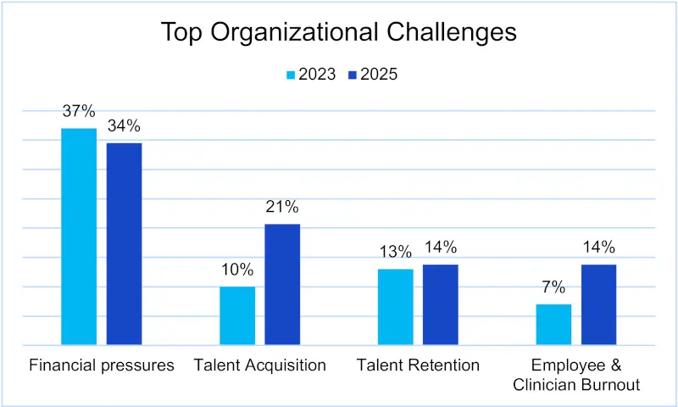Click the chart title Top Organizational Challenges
(x=338, y=32)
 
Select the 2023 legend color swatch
(x=292, y=75)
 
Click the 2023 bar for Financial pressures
(x=79, y=237)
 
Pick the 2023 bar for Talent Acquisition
(x=237, y=315)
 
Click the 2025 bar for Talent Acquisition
(x=282, y=284)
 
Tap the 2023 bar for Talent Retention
(x=395, y=307)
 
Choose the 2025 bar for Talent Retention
(x=441, y=304)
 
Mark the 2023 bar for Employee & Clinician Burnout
(x=553, y=324)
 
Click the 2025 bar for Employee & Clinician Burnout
(x=598, y=304)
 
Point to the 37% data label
(x=79, y=112)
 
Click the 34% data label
(x=124, y=126)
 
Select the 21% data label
(x=282, y=207)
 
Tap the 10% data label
(x=237, y=270)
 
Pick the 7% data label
(x=553, y=287)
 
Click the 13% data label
(x=395, y=252)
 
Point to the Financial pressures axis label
(x=102, y=365)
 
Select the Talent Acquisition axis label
(x=259, y=365)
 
